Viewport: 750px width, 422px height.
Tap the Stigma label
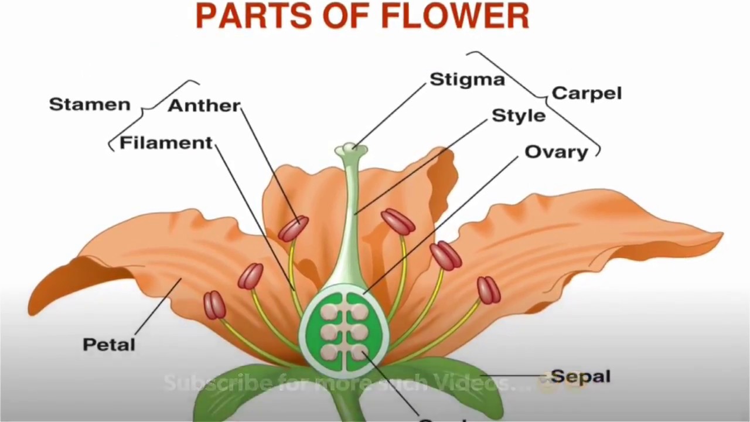467,80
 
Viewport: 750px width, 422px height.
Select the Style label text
519,115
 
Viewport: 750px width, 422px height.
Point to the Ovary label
556,152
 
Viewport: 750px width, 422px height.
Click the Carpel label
587,93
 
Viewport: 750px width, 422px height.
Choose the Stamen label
90,105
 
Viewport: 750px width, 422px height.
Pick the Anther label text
204,106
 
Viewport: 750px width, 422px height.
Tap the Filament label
166,144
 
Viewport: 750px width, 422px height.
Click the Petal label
109,345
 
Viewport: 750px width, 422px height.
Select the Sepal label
581,376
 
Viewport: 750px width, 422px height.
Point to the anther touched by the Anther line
294,229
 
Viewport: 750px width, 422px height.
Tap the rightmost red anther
488,290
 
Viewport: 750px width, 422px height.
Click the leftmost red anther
214,305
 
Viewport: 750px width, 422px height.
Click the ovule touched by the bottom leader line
359,351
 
